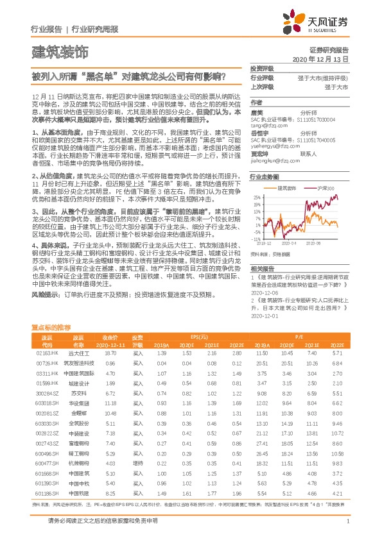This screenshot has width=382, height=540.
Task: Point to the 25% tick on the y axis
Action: [x=257, y=197]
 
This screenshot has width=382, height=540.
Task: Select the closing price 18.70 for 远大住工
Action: [x=110, y=353]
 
